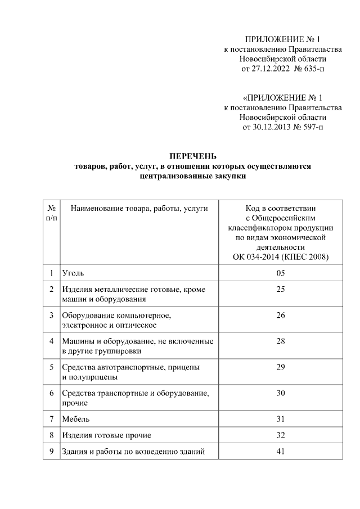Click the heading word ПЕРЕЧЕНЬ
click(193, 156)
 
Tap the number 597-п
click(313, 127)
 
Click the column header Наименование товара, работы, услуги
click(139, 209)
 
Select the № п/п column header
click(51, 213)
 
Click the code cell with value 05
click(281, 273)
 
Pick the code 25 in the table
click(281, 289)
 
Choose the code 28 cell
click(281, 341)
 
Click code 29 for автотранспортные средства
click(281, 367)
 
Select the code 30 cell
click(281, 393)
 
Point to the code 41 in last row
click(281, 451)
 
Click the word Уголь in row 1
click(73, 273)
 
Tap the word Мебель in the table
click(76, 419)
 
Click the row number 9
click(51, 451)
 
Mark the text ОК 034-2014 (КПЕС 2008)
click(281, 257)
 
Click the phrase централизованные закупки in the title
click(193, 175)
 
